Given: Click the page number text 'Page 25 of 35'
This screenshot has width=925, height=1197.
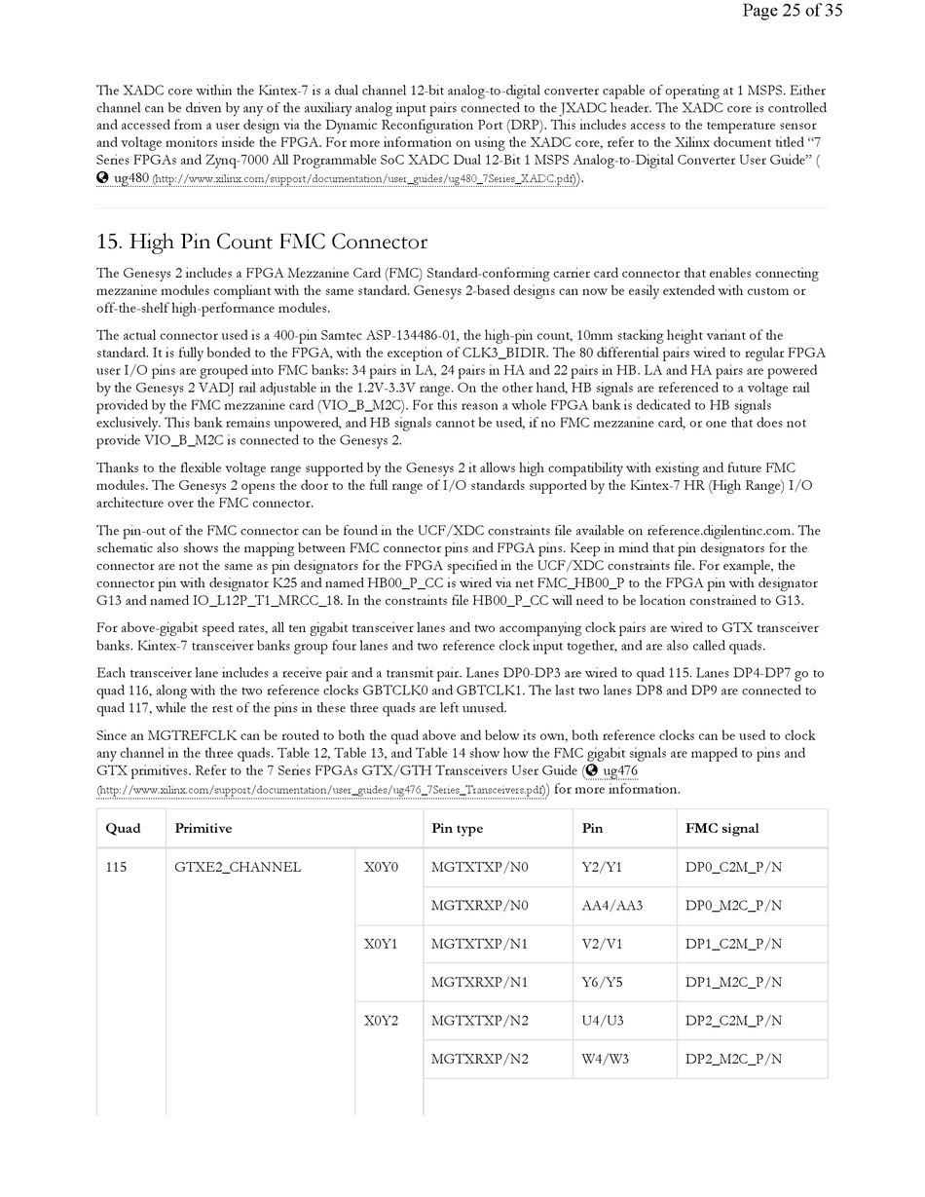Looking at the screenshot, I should (792, 11).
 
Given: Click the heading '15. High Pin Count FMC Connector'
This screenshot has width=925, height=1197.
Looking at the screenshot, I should (261, 242).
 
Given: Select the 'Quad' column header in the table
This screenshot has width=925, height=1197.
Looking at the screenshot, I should (123, 829).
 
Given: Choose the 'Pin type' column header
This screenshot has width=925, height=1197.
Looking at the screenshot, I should (457, 829).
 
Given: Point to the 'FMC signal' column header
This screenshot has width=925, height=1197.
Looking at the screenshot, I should (721, 829).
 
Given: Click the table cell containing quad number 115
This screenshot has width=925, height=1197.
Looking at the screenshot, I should (116, 867).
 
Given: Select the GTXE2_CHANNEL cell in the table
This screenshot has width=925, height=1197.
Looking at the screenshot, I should (238, 867).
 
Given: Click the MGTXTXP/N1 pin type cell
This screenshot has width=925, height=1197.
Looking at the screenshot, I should (479, 944).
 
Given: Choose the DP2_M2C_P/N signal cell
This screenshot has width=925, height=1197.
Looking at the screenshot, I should (733, 1059).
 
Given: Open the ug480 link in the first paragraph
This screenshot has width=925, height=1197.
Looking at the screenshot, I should (131, 178).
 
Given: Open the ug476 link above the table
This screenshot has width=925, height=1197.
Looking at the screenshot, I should (620, 771).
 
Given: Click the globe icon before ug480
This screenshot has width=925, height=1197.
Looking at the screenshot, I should (102, 178).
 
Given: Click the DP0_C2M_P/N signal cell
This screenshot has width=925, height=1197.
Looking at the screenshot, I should (733, 867).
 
